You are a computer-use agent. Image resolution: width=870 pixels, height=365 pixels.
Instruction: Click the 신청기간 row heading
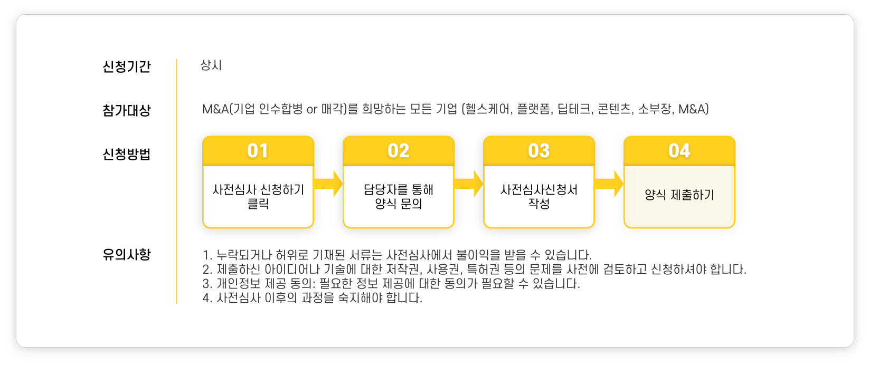coord(127,66)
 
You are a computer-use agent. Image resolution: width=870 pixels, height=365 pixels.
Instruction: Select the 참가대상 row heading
coord(127,110)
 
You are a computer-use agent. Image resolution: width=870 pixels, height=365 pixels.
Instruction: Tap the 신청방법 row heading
coord(127,154)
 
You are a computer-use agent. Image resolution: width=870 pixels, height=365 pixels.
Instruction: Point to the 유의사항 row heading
coord(127,254)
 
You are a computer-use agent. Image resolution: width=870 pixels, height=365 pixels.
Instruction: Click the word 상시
coord(211,65)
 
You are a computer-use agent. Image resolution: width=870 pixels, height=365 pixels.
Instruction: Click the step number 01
coord(258,151)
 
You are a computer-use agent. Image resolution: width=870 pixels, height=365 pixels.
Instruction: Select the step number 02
coord(399,151)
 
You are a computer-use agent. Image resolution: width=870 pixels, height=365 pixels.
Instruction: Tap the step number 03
coord(539,151)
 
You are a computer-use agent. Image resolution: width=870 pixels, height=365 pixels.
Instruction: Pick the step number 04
coord(679,151)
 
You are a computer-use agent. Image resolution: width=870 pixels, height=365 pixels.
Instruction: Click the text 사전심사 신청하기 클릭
coord(258,196)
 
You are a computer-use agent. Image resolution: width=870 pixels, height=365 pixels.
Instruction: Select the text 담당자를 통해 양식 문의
coord(399,196)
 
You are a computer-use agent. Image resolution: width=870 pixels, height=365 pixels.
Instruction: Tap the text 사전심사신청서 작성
coord(539,196)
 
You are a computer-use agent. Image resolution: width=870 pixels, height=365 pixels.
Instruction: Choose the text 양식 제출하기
coord(679,195)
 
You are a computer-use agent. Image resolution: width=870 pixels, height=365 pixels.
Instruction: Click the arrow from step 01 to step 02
coord(328,184)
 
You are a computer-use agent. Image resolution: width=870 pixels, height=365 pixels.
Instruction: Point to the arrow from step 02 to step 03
coord(469,184)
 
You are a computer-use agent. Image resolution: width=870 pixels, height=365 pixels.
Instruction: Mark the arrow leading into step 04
coord(609,184)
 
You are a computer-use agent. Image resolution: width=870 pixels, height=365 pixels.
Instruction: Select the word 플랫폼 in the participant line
coord(534,109)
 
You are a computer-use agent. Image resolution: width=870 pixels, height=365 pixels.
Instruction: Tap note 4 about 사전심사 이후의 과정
coord(312,298)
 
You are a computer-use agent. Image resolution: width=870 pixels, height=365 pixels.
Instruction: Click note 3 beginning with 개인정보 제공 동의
coord(391,284)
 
